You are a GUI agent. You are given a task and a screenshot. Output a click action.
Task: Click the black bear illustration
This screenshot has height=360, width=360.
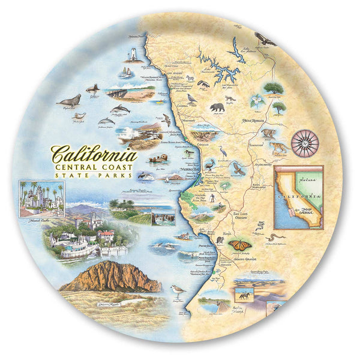pos(217,108)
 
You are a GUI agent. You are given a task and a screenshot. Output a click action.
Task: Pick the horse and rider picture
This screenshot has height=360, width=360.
pos(245,295)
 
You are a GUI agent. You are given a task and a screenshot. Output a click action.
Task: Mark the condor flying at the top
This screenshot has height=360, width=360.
pos(265,40)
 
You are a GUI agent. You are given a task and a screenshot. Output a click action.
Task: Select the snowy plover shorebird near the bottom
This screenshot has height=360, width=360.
pos(178,292)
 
